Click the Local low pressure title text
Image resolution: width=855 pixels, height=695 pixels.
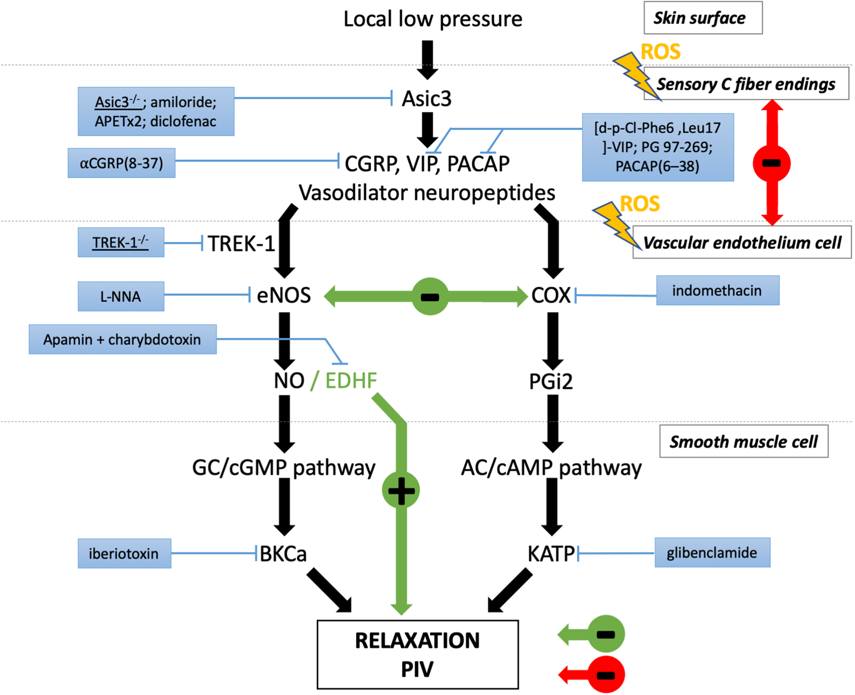433,19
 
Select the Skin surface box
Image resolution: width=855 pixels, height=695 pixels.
702,18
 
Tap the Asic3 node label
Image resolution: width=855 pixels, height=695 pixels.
426,99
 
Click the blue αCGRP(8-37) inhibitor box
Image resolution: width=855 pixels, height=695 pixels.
122,163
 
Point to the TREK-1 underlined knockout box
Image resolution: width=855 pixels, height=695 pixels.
121,242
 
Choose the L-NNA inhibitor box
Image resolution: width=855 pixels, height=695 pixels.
121,296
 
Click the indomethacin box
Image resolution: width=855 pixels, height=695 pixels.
717,290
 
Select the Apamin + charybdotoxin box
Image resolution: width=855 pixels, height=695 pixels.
122,339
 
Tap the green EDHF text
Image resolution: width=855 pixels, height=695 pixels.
351,381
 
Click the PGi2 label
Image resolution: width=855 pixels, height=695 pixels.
550,381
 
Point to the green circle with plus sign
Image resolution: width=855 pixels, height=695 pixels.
401,490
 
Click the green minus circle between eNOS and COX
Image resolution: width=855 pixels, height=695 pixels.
430,296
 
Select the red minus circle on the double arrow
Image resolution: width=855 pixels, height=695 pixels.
771,163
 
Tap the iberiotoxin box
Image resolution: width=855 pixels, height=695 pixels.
124,553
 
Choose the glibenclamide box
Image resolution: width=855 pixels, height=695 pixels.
712,552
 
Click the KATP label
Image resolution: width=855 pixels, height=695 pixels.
551,554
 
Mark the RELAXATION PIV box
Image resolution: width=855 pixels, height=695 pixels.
417,654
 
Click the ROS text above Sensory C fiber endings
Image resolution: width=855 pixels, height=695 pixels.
660,52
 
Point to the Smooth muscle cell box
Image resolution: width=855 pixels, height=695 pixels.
743,441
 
